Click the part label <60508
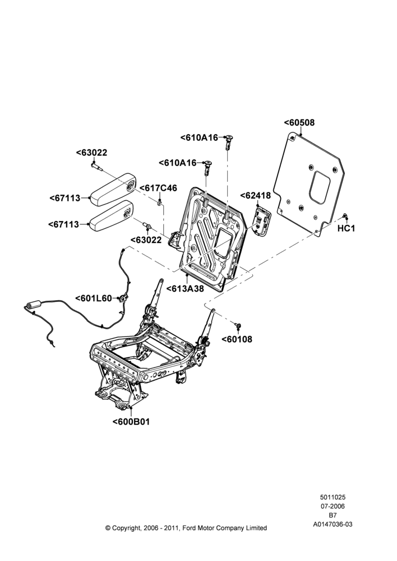299,122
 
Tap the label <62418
255,196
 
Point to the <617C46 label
158,188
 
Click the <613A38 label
185,288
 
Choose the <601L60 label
94,298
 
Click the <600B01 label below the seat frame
131,421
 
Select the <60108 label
237,339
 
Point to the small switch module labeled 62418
262,220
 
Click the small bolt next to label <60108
238,325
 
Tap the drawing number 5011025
333,497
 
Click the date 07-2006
333,506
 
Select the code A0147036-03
333,524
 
